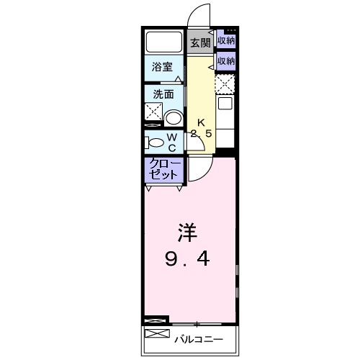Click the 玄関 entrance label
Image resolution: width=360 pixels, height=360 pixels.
[x=199, y=42]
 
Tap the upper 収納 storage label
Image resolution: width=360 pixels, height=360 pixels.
[x=226, y=41]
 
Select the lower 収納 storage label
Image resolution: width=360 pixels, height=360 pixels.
[x=226, y=61]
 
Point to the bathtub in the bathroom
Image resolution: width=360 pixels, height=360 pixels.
[x=164, y=42]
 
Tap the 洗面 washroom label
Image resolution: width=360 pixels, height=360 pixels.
[x=161, y=94]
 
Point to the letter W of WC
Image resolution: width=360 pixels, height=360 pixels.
[x=172, y=135]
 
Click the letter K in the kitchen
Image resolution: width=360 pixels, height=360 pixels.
[x=202, y=122]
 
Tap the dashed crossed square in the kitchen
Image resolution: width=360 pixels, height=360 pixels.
[x=225, y=84]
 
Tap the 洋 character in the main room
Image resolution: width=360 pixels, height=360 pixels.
[x=187, y=233]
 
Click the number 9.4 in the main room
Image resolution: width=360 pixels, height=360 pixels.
[x=188, y=258]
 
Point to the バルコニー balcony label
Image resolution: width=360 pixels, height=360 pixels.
[x=197, y=338]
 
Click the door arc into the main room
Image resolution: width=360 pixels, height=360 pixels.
[x=199, y=170]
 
